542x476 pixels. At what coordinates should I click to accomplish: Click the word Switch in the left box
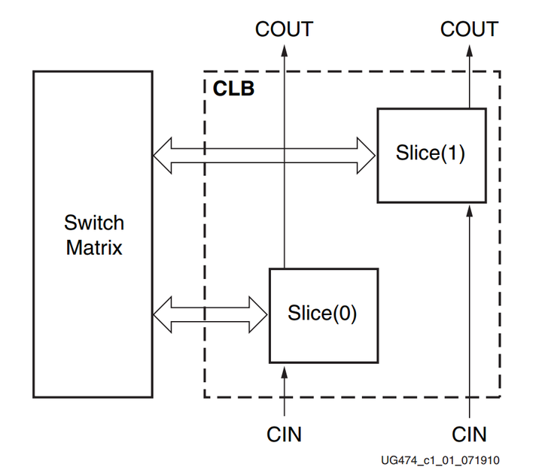point(94,223)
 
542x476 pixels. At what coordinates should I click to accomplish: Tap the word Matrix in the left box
point(94,247)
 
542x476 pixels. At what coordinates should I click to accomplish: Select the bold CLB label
point(233,89)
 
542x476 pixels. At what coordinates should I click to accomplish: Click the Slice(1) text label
point(431,153)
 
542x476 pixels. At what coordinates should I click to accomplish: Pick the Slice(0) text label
point(322,312)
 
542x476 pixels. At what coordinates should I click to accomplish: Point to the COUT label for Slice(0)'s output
point(284,29)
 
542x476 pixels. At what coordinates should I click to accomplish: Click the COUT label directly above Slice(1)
point(469,29)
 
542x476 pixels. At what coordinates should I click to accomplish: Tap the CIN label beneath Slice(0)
point(285,434)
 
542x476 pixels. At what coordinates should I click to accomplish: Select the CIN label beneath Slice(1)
point(469,434)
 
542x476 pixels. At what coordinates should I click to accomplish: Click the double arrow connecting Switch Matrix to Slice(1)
point(263,153)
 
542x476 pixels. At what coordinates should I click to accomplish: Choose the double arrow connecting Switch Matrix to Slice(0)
point(211,313)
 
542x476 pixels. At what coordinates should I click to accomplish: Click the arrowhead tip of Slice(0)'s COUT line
point(285,49)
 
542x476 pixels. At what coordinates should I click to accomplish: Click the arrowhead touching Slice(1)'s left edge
point(367,153)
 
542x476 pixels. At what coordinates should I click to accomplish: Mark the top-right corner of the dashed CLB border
point(500,72)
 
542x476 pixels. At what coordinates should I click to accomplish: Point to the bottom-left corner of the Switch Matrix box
point(33,397)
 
